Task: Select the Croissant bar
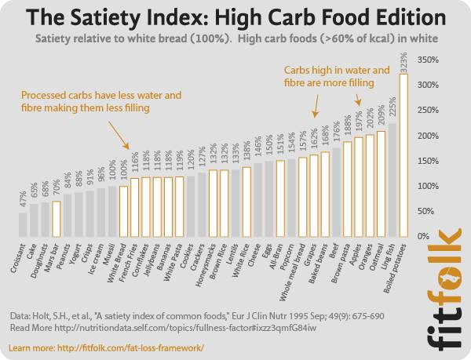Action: (23, 224)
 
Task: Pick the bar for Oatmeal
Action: (381, 184)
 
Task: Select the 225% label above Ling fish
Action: (392, 110)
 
